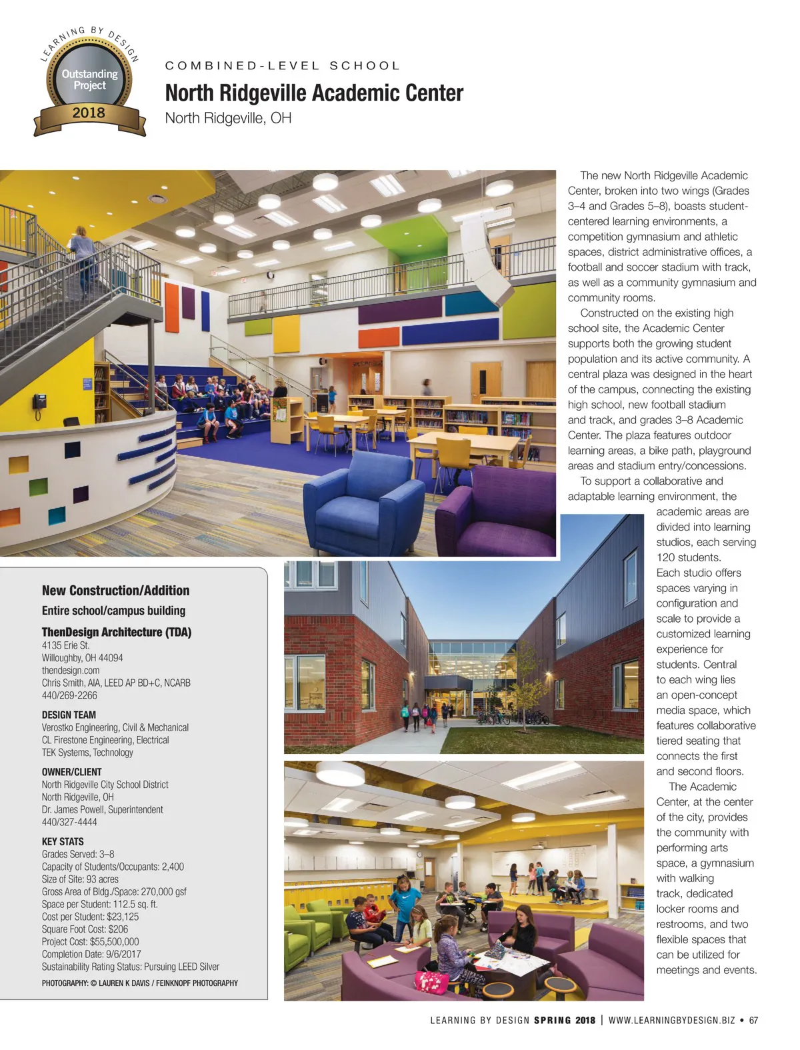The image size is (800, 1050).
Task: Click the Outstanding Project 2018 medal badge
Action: [x=89, y=83]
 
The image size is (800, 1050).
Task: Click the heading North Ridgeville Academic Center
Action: [x=314, y=93]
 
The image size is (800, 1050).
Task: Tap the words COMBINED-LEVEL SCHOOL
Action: [x=283, y=66]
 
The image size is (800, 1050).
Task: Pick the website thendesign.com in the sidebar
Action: [x=71, y=670]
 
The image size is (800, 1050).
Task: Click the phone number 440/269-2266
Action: [x=69, y=695]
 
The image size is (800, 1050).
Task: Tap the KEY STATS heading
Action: [x=63, y=841]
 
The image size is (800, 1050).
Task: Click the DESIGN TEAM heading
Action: [x=69, y=715]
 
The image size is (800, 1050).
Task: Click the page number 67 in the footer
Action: [x=753, y=1020]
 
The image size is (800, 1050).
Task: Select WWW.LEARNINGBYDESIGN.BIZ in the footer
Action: [x=671, y=1020]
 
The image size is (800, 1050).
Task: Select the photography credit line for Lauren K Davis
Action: [x=139, y=983]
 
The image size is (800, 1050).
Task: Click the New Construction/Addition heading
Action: [x=115, y=591]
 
